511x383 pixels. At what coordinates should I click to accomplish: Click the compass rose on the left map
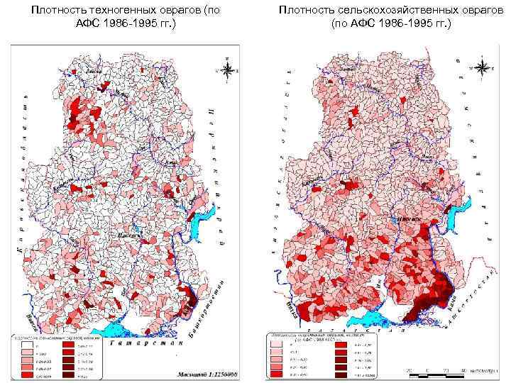pyautogui.click(x=227, y=69)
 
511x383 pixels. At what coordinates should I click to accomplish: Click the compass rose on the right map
pyautogui.click(x=482, y=67)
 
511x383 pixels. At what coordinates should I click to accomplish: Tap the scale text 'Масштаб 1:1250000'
pyautogui.click(x=201, y=374)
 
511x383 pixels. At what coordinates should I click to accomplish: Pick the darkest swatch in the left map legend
pyautogui.click(x=68, y=377)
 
